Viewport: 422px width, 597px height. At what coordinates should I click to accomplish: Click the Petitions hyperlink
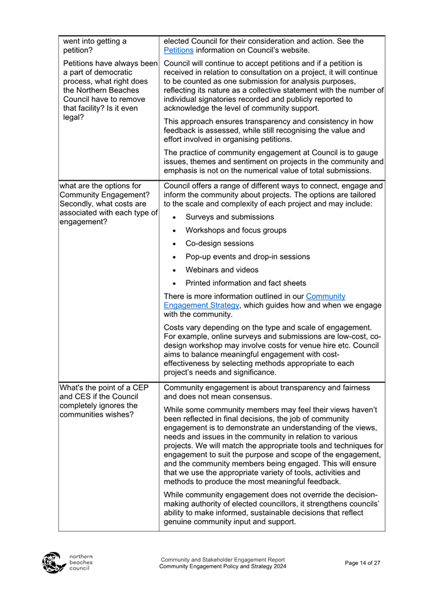click(x=178, y=50)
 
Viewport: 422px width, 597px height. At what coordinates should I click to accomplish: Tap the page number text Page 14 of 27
click(x=363, y=563)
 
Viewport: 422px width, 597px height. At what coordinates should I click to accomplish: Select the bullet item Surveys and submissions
click(x=229, y=217)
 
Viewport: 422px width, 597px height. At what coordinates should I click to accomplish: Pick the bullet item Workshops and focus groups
click(x=236, y=230)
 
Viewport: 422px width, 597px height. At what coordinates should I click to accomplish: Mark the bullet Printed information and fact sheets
click(x=246, y=283)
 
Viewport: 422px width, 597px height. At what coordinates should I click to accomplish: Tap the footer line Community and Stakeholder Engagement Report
click(x=223, y=559)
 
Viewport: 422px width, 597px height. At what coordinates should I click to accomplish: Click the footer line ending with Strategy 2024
click(x=223, y=566)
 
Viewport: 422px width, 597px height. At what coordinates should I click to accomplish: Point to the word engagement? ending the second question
click(x=87, y=221)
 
